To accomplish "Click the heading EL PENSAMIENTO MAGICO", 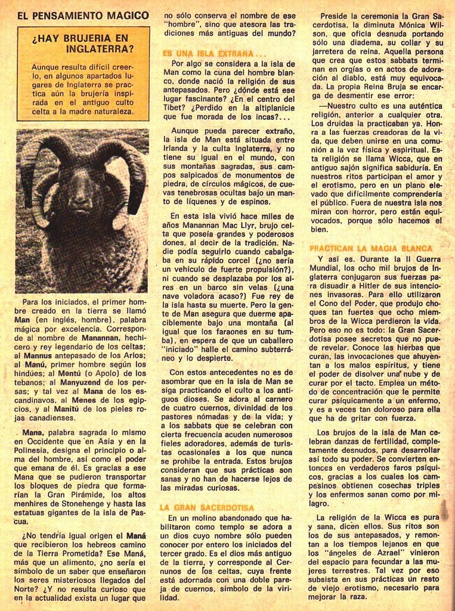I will click(83, 15).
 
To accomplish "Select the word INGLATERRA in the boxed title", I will click(100, 49).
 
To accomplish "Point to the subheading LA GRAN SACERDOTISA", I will click(206, 507).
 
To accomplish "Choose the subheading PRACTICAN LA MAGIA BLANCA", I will click(371, 248).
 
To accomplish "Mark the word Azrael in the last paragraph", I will click(375, 553).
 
